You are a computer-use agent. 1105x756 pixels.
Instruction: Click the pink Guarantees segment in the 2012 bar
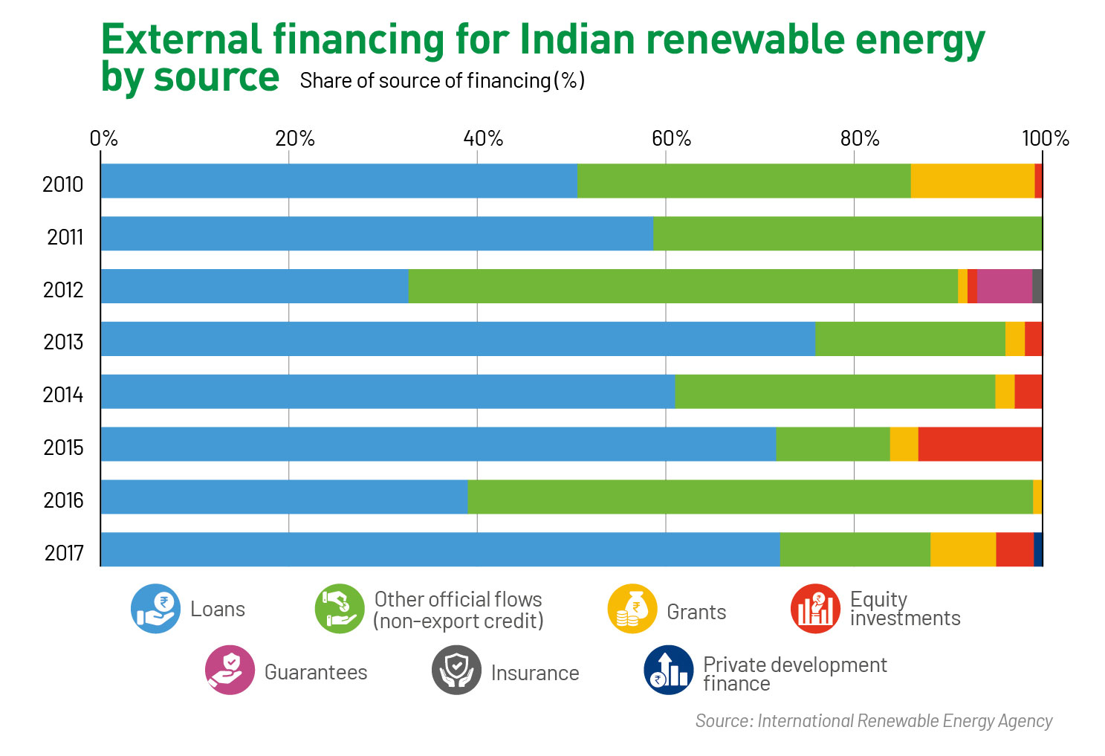1004,286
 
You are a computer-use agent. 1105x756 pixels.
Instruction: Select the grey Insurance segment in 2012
1037,286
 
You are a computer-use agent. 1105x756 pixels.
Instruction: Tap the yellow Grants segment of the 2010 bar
972,181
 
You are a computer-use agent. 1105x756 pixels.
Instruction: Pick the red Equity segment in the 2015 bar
979,444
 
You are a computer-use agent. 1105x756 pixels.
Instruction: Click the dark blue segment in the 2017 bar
1038,549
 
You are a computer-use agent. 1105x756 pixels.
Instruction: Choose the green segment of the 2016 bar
750,497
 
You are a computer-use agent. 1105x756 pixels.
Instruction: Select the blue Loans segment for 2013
458,339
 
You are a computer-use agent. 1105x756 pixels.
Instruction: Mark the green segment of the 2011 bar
847,233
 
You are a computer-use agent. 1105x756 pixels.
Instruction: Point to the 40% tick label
483,139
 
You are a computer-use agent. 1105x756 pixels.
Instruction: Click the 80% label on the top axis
860,139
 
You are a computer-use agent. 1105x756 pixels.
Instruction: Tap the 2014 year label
63,395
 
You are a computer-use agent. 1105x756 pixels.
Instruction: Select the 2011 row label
65,237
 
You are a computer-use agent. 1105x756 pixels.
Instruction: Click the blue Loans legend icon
155,609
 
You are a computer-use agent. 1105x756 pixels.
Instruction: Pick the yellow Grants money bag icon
632,609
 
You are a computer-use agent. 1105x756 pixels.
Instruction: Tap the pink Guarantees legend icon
230,670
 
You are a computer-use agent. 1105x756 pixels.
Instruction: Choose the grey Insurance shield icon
456,670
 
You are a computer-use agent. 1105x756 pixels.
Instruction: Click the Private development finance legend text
794,673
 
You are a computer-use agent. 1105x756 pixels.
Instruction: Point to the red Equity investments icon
815,609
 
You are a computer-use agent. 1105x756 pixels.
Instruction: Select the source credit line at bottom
874,720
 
